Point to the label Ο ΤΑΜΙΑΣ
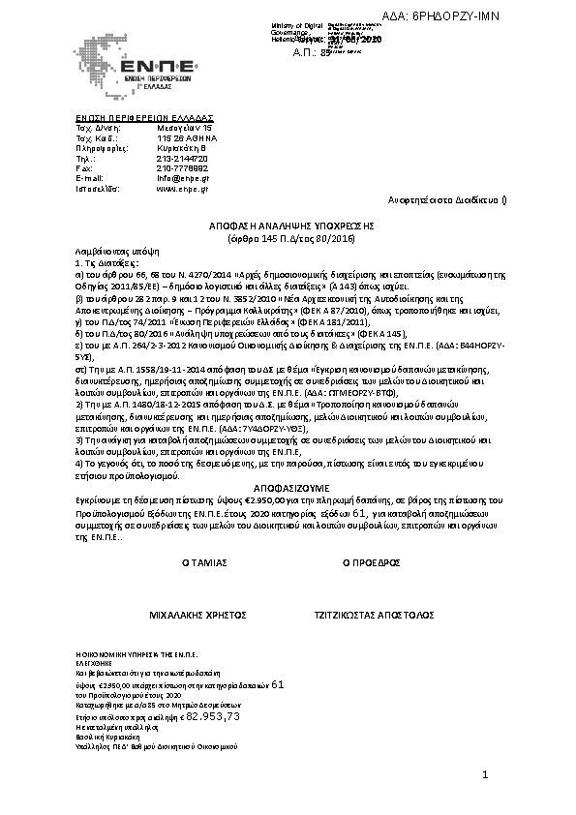pyautogui.click(x=204, y=561)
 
